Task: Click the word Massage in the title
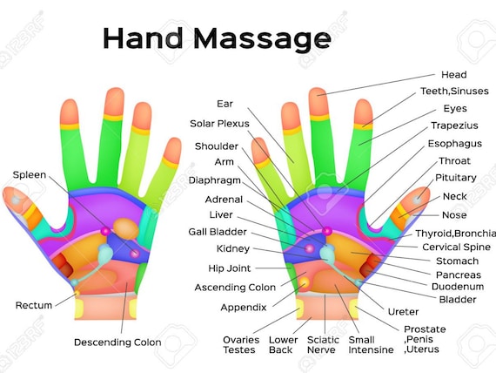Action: [x=262, y=38]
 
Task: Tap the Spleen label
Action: [x=30, y=175]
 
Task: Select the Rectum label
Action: [x=34, y=305]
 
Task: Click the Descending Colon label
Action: [x=117, y=342]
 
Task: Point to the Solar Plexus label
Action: [x=219, y=124]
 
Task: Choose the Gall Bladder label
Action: [x=218, y=232]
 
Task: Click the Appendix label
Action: [x=244, y=308]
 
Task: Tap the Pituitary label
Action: [x=456, y=178]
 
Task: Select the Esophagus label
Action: [x=455, y=144]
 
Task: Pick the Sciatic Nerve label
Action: [x=323, y=345]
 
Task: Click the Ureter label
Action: [x=403, y=312]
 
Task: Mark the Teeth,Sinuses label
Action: [x=454, y=92]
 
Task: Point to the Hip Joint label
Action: [x=230, y=268]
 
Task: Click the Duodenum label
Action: [x=458, y=287]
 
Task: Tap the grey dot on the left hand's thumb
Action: [x=16, y=200]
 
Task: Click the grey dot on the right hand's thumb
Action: [x=417, y=200]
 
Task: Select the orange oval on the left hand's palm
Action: [x=126, y=228]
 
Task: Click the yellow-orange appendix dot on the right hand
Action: [x=305, y=281]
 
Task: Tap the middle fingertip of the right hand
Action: [x=318, y=102]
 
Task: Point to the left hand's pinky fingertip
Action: [x=172, y=151]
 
